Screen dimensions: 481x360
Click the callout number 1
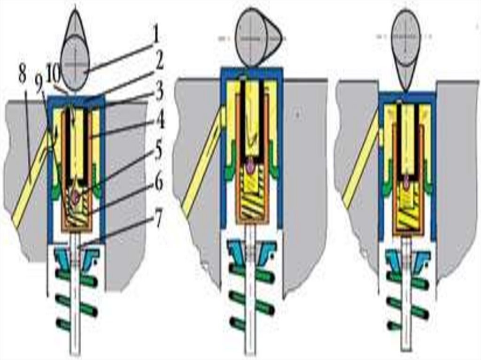156,34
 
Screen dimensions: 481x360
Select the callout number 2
159,61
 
